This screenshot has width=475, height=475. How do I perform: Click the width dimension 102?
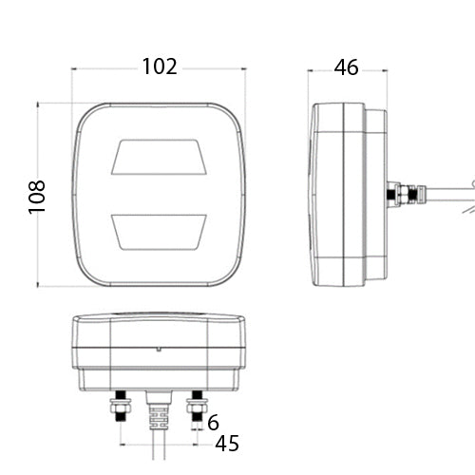click(x=160, y=66)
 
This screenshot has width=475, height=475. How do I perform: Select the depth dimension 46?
click(x=346, y=66)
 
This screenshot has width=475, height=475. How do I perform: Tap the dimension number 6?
click(x=213, y=423)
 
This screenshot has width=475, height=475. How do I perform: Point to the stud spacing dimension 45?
click(x=227, y=444)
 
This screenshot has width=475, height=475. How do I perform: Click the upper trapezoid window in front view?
click(x=160, y=157)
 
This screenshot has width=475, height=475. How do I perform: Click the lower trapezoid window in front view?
click(x=160, y=229)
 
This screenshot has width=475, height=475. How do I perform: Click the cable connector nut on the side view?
click(x=403, y=195)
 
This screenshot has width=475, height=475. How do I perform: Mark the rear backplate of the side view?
click(x=376, y=195)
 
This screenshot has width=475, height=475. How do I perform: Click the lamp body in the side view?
click(x=337, y=195)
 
